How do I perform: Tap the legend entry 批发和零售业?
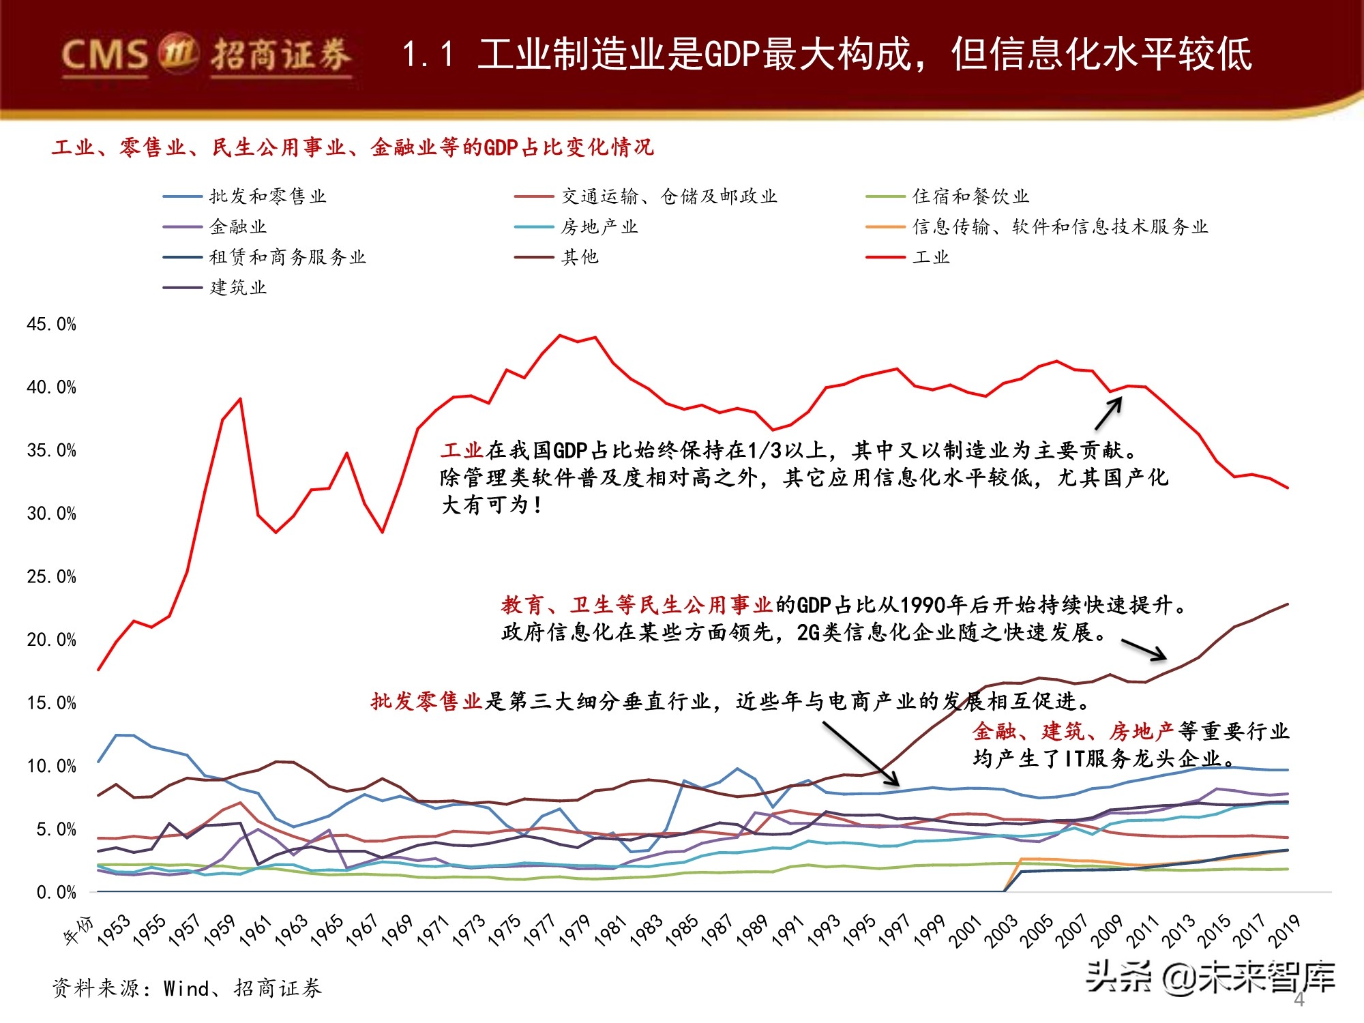click(267, 196)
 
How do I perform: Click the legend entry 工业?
click(931, 257)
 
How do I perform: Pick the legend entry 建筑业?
click(238, 288)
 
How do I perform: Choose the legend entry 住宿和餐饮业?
click(970, 196)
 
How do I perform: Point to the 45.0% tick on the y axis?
click(51, 324)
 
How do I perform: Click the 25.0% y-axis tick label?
click(51, 577)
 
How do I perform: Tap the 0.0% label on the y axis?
click(56, 893)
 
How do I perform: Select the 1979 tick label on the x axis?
click(574, 931)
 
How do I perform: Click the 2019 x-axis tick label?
click(1284, 931)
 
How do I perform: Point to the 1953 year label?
click(113, 931)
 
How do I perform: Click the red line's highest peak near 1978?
click(560, 335)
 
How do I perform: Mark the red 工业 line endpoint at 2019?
click(1288, 488)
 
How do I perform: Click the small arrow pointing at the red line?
click(1108, 414)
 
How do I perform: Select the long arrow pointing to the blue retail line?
click(861, 754)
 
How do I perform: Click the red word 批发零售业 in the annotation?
click(426, 701)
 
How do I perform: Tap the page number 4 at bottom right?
click(1299, 1000)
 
